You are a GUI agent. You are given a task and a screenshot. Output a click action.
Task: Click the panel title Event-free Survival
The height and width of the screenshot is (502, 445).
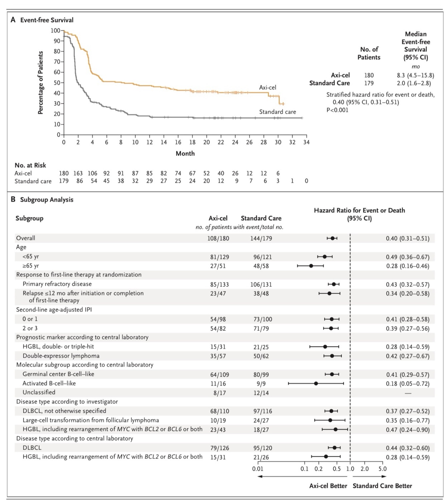tap(47, 20)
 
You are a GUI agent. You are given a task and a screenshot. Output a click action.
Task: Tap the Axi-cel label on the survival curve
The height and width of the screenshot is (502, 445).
tap(268, 87)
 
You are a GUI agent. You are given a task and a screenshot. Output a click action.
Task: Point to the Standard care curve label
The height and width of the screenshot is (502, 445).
tap(278, 112)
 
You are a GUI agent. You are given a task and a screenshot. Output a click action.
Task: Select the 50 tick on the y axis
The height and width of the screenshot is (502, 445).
tap(57, 83)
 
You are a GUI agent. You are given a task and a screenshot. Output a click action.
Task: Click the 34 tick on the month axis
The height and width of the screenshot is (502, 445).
tap(306, 142)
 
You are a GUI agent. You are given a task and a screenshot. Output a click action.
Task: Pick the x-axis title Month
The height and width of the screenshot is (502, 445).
tap(185, 154)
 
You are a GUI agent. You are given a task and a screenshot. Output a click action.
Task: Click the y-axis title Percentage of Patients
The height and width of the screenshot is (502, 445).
tap(41, 83)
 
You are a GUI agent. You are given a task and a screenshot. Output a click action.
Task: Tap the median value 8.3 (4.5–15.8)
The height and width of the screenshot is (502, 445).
tap(415, 75)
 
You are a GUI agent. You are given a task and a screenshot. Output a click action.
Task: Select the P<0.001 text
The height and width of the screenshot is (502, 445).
tap(337, 110)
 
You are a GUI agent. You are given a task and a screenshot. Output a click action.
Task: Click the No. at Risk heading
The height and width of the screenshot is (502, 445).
tap(30, 165)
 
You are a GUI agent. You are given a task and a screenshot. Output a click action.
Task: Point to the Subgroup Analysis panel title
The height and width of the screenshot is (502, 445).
tap(47, 200)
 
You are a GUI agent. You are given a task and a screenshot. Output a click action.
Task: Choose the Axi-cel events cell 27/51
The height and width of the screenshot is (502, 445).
tap(218, 266)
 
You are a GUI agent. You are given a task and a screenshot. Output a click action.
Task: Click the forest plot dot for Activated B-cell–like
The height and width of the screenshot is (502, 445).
tap(316, 383)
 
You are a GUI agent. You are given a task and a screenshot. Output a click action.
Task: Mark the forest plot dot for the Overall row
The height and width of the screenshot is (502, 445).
tap(333, 238)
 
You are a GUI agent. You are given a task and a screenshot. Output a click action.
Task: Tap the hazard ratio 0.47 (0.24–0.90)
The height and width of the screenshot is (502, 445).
tap(408, 430)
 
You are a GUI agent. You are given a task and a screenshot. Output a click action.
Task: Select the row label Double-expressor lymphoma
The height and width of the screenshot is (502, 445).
tap(61, 356)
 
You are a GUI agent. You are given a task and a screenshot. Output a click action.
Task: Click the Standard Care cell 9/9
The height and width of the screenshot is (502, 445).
tap(261, 384)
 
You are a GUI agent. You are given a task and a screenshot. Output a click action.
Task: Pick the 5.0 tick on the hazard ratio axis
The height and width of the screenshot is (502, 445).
tap(382, 469)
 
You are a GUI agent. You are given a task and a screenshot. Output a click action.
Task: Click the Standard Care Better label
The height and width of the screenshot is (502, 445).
tap(382, 486)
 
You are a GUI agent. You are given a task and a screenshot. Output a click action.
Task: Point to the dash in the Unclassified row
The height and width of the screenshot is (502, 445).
tap(408, 393)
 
